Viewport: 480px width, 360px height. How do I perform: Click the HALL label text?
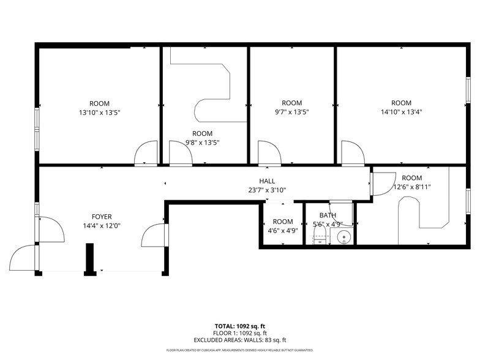(x=267, y=181)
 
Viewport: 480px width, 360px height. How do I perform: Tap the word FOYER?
(x=102, y=217)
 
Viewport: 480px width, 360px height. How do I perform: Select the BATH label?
(x=328, y=216)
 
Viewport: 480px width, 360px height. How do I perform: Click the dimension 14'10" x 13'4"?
(x=401, y=112)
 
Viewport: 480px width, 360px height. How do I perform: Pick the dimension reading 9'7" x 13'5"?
(x=291, y=112)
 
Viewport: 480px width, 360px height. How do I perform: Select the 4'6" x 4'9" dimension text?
(x=282, y=231)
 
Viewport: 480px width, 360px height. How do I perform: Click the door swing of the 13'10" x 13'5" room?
(x=146, y=153)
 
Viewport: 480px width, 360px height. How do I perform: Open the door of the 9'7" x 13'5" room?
(x=268, y=153)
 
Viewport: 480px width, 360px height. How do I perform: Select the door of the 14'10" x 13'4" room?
(x=351, y=153)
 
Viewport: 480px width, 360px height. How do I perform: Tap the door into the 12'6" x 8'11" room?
(x=383, y=184)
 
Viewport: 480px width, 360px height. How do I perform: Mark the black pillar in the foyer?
(x=89, y=258)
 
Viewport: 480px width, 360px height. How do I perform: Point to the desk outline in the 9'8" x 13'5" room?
(x=211, y=92)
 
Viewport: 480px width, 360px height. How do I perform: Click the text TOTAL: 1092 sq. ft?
(x=239, y=326)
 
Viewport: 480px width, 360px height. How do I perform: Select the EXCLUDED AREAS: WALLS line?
(x=239, y=340)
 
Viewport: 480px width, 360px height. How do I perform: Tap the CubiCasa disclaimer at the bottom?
(x=239, y=350)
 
